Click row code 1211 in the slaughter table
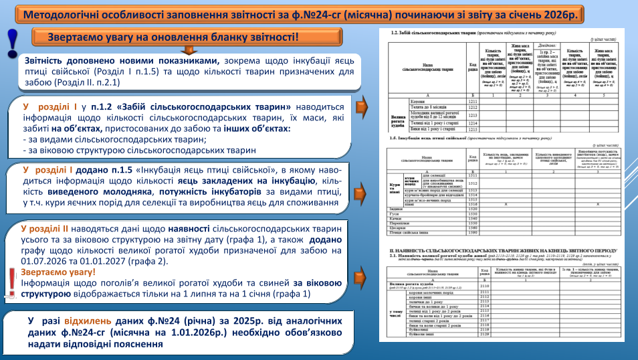(x=473, y=102)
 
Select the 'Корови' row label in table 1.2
(x=417, y=102)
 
